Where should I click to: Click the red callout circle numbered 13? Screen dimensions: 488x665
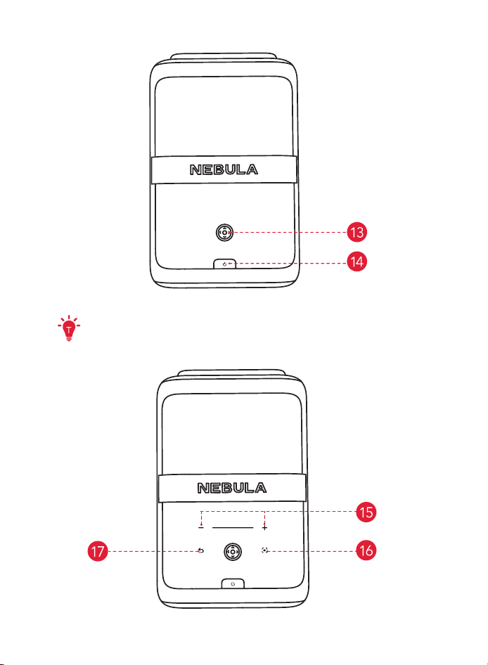coord(357,232)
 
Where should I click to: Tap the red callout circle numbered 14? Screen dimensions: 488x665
coord(357,262)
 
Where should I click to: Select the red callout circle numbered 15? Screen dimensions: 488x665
coord(366,512)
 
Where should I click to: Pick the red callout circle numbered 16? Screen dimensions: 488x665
coord(366,550)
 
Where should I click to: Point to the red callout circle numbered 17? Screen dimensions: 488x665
coord(98,551)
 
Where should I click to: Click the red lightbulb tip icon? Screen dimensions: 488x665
coord(69,328)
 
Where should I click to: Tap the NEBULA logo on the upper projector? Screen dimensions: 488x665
coord(224,169)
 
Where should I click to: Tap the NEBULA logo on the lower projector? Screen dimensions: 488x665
coord(231,488)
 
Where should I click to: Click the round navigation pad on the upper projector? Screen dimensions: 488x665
coord(224,233)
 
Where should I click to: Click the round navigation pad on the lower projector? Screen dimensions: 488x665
coord(233,552)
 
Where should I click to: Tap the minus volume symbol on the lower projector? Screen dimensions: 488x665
coord(201,528)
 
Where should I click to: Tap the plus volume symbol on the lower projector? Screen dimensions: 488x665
coord(265,528)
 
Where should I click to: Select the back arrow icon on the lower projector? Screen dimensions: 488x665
coord(201,551)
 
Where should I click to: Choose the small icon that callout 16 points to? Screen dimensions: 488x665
coord(265,550)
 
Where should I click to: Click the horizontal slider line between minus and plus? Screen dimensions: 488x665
coord(233,528)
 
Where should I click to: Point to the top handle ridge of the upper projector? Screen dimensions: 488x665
coord(224,56)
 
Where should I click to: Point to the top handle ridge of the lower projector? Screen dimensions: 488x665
coord(231,373)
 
